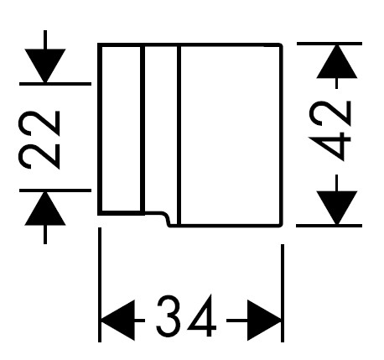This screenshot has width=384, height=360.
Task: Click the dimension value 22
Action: tap(39, 140)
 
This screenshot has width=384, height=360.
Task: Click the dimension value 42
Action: tap(330, 131)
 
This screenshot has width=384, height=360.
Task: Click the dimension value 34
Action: tap(186, 316)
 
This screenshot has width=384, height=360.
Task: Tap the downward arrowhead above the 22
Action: tap(45, 65)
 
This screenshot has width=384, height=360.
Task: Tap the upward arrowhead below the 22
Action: tap(45, 208)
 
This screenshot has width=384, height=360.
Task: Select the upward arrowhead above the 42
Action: tap(337, 61)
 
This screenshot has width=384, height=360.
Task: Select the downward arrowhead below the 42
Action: tap(337, 208)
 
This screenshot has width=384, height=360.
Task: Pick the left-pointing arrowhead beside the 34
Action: tap(118, 321)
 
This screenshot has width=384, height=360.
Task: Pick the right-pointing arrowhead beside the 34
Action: tap(264, 321)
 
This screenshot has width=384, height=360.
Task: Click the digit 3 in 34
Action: tap(169, 316)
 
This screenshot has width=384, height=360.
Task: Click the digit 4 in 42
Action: tap(330, 147)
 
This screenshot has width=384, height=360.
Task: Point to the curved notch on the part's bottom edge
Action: tap(165, 218)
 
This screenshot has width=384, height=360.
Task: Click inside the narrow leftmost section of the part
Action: tap(121, 128)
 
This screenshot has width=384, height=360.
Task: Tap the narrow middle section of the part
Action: tap(161, 128)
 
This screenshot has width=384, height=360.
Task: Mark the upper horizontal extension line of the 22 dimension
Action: tap(55, 84)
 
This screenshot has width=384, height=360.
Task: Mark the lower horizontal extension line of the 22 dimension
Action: tap(55, 190)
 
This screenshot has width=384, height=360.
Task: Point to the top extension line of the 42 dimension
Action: tap(330, 44)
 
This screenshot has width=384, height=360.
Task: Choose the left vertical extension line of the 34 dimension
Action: tap(100, 284)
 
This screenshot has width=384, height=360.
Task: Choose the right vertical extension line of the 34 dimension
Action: tap(283, 293)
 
